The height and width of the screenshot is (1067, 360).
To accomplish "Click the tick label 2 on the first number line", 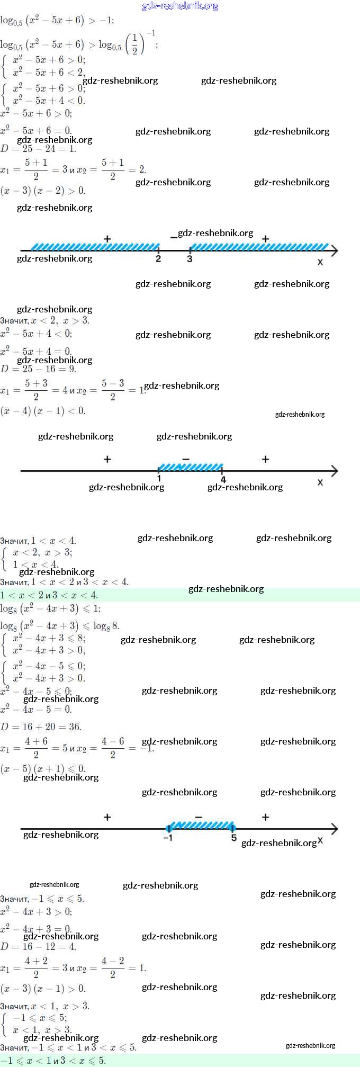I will click(x=158, y=258).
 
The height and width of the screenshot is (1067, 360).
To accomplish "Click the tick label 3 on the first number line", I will click(x=190, y=258).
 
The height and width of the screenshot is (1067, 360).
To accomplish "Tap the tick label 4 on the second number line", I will click(x=223, y=480).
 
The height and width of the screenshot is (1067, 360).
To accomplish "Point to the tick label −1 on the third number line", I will click(x=167, y=838).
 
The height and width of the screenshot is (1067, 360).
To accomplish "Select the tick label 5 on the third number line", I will click(x=233, y=838).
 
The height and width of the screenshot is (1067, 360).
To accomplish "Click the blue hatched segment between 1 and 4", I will click(x=191, y=467).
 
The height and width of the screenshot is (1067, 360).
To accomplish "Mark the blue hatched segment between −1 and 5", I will click(x=201, y=825).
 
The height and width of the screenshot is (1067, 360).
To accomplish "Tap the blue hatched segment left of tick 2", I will click(x=95, y=247).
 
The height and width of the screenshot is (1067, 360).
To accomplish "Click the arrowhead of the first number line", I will click(x=334, y=250).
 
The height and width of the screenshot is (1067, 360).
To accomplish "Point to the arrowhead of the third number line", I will click(x=334, y=829).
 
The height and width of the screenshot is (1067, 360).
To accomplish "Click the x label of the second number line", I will click(x=320, y=482).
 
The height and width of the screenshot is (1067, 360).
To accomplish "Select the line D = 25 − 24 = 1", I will click(x=39, y=149).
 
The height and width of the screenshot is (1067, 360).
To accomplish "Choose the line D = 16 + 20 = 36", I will click(x=41, y=727).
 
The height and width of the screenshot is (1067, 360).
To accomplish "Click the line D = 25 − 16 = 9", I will click(x=39, y=369).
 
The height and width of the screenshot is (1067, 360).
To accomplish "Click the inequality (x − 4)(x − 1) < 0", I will click(x=43, y=411).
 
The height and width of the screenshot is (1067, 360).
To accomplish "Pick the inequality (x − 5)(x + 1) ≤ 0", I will click(x=43, y=768).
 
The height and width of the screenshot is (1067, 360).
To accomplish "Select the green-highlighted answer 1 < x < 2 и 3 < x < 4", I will click(x=49, y=595).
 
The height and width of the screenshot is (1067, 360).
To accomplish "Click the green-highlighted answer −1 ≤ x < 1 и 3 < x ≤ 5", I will click(x=53, y=1061).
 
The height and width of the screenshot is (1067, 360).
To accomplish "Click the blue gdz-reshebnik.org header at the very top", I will click(x=180, y=6).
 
